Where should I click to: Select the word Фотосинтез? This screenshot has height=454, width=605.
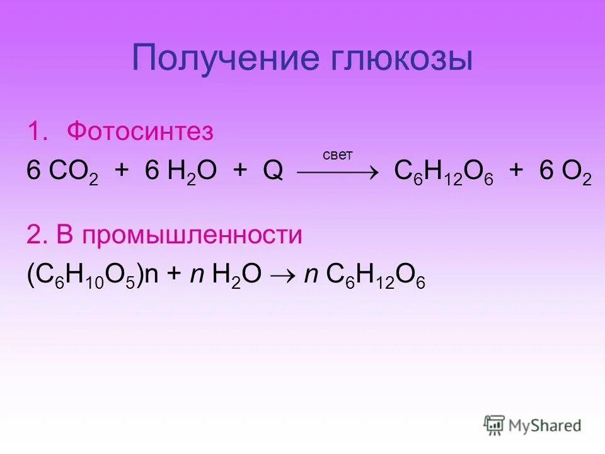(x=141, y=132)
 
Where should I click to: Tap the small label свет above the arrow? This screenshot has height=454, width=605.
(x=337, y=154)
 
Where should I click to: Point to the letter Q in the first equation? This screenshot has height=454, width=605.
(x=273, y=172)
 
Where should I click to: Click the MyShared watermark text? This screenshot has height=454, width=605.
(x=545, y=426)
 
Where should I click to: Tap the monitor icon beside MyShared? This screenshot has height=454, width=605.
(x=494, y=425)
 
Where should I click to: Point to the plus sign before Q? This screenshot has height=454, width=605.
(x=239, y=172)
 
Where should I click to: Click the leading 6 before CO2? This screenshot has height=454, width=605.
(x=33, y=172)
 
